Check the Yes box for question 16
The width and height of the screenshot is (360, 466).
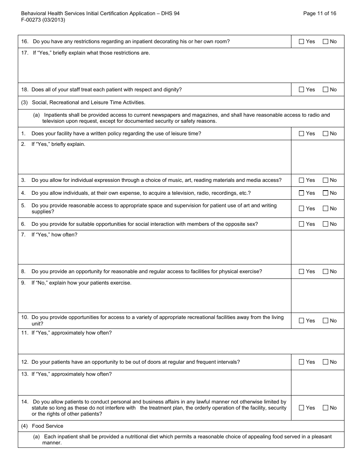302,42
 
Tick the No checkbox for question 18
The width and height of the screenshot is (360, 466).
326,90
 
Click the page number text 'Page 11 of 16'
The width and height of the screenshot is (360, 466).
319,13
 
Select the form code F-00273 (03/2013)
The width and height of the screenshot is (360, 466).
43,20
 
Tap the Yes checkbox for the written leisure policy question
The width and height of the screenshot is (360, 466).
302,134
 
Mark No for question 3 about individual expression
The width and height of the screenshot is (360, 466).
326,180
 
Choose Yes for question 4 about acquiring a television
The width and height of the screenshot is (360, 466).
302,193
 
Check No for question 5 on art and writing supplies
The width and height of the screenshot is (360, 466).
326,209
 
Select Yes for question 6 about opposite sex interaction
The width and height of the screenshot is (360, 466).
302,224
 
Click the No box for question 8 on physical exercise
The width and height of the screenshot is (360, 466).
326,272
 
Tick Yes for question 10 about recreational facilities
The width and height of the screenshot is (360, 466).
302,321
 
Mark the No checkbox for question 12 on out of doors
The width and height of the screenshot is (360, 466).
326,362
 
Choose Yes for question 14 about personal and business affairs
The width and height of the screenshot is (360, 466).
302,408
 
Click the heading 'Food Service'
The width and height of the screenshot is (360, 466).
47,426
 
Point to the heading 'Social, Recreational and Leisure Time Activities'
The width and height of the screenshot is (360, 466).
88,103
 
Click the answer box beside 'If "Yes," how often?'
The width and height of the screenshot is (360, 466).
318,247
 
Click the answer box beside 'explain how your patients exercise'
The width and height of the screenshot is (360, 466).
318,296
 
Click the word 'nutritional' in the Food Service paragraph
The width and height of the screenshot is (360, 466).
127,437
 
